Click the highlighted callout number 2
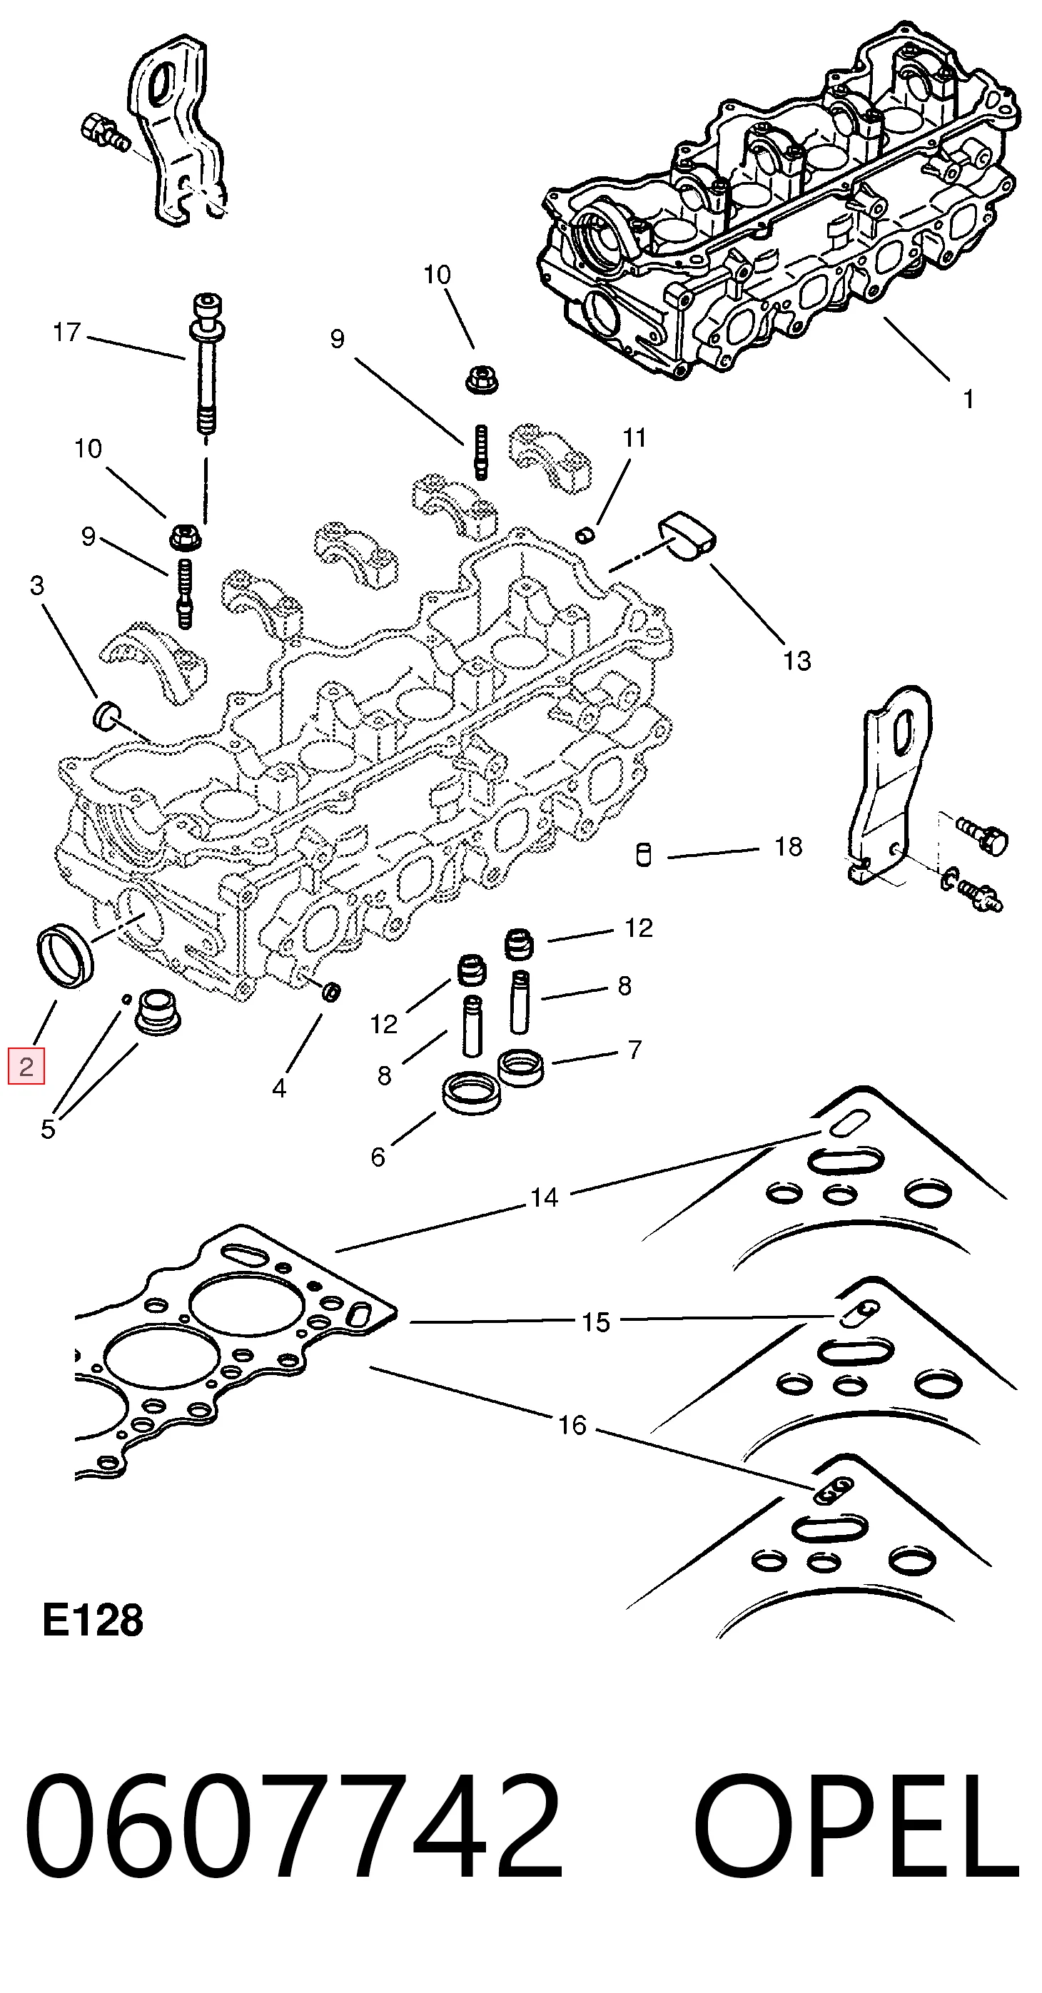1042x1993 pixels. tap(26, 1068)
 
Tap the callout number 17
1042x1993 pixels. tap(66, 333)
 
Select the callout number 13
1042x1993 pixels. tap(796, 661)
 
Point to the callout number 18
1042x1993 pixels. tap(788, 847)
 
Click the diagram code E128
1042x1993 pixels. tap(93, 1620)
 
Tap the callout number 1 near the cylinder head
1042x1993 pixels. tap(968, 400)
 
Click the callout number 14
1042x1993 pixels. tap(544, 1197)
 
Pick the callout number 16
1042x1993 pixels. tap(572, 1424)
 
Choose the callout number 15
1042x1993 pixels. tap(596, 1322)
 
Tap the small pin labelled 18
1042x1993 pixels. tap(644, 855)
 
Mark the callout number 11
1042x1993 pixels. tap(634, 438)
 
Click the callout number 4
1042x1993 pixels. tap(278, 1089)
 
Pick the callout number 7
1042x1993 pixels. tap(634, 1050)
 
